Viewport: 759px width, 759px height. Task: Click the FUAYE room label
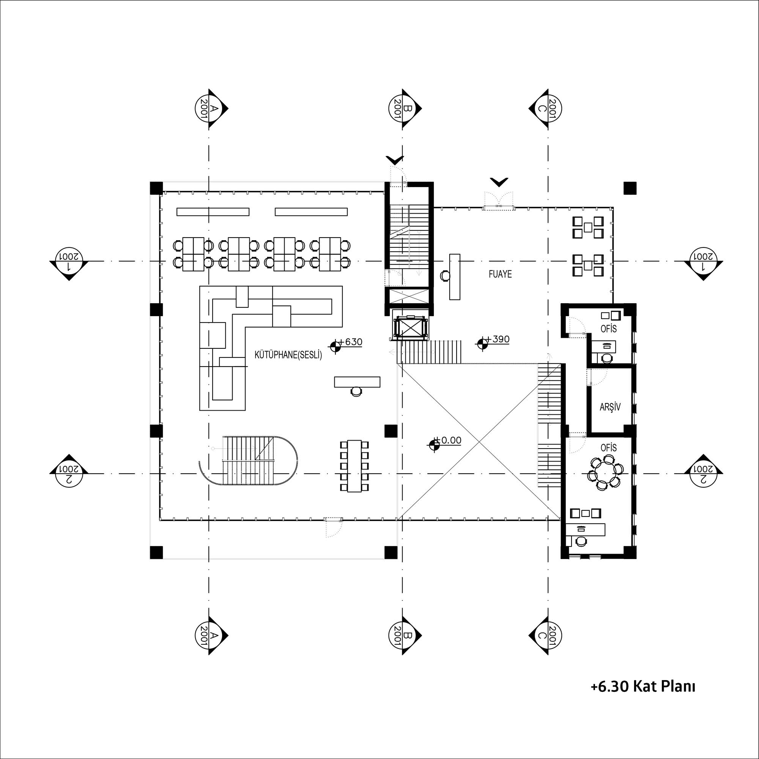coord(500,274)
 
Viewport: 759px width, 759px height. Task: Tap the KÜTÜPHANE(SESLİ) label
coord(288,355)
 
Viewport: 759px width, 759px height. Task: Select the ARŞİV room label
coord(610,407)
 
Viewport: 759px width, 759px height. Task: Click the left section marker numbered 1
coord(69,261)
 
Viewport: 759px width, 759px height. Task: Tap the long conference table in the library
coord(355,466)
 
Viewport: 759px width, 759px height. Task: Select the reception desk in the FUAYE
coord(455,277)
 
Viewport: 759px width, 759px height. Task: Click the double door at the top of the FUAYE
coord(499,200)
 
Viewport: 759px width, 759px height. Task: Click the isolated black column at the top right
coord(630,189)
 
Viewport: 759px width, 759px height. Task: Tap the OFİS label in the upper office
coord(609,328)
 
